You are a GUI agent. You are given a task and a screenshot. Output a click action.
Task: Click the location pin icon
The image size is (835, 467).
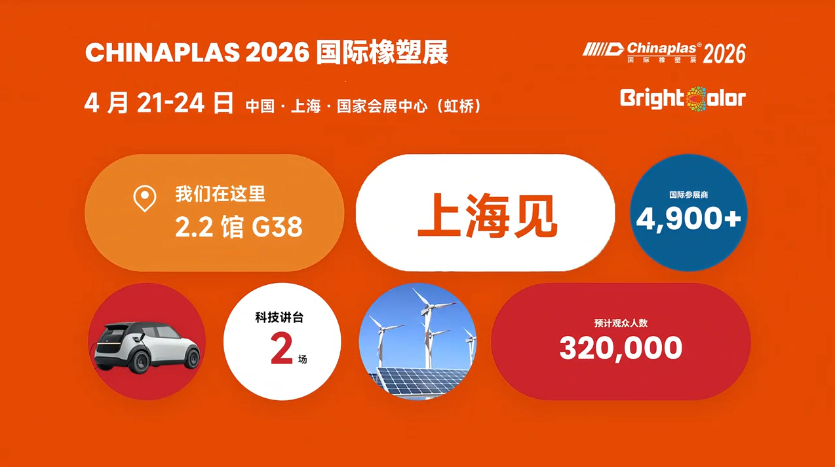tap(145, 198)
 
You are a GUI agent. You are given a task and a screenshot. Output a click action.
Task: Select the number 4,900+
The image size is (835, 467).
tap(688, 218)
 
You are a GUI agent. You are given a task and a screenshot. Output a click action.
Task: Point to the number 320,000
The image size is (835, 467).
tap(621, 348)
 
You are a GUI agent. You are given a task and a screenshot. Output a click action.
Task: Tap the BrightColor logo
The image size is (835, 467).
tap(683, 99)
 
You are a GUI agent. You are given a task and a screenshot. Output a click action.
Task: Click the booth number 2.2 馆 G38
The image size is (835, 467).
tap(239, 227)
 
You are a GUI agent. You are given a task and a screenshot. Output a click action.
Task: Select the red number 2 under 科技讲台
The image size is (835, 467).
tap(281, 350)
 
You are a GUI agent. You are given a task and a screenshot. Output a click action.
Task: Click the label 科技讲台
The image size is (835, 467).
tap(279, 318)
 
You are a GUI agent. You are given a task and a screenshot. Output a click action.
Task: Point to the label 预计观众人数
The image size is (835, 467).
tap(621, 323)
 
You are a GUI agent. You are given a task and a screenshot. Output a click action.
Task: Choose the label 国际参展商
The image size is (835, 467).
tap(688, 195)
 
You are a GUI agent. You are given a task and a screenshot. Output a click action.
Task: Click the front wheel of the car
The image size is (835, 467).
tap(192, 358)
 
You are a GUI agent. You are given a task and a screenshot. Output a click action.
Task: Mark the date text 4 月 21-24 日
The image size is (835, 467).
tap(159, 103)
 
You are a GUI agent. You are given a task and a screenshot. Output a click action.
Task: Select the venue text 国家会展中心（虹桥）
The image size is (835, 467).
tap(409, 106)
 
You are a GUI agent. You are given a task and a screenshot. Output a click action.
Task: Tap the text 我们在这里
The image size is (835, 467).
tap(220, 195)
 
